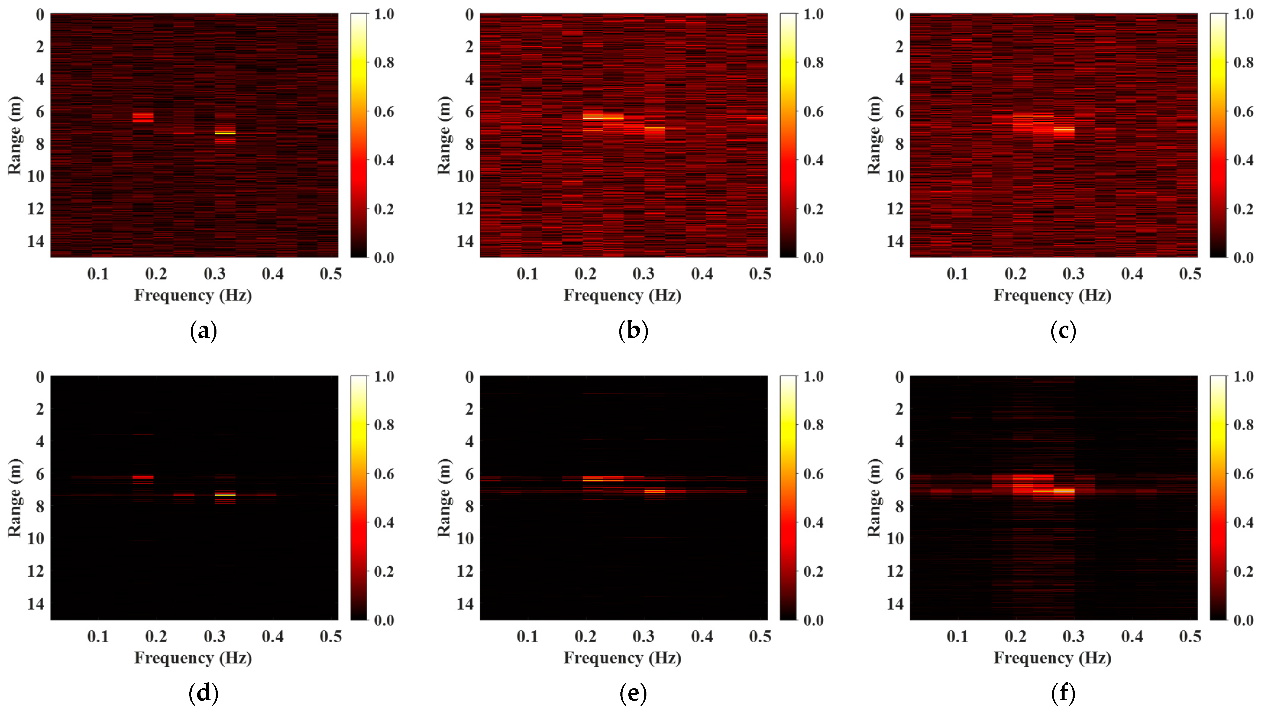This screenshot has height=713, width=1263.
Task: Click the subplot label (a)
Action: pyautogui.click(x=203, y=332)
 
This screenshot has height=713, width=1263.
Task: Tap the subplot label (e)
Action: pyautogui.click(x=633, y=693)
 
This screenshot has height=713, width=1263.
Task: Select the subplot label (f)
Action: pyautogui.click(x=1063, y=693)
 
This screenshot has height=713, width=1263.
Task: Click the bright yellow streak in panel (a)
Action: pyautogui.click(x=225, y=133)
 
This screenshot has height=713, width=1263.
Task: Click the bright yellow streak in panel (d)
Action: pyautogui.click(x=225, y=495)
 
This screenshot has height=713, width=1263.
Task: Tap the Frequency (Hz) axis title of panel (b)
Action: pyautogui.click(x=622, y=295)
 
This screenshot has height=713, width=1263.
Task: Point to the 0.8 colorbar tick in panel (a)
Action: pyautogui.click(x=384, y=63)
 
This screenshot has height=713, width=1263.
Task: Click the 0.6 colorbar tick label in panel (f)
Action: pyautogui.click(x=1243, y=474)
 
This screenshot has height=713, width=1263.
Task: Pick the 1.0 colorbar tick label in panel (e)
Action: pyautogui.click(x=814, y=376)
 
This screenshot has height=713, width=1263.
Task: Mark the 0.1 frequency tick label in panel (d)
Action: pyautogui.click(x=98, y=636)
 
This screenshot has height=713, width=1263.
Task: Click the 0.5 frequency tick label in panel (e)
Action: pyautogui.click(x=760, y=636)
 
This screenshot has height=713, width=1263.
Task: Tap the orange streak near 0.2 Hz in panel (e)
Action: pyautogui.click(x=593, y=479)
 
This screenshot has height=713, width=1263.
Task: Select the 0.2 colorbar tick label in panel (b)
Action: pyautogui.click(x=814, y=209)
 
